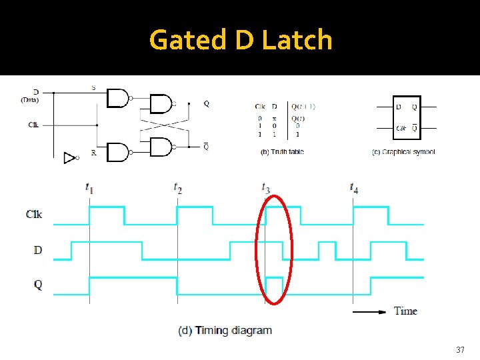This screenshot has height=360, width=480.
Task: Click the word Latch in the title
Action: pos(297,40)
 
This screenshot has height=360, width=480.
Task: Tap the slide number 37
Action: pos(460,349)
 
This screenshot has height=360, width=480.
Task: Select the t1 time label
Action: pos(89,188)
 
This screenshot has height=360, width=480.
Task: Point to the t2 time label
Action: pos(177,188)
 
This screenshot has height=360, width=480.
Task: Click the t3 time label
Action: pos(265,188)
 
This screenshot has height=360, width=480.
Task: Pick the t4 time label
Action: pos(353,188)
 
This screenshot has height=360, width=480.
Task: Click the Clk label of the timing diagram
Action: pos(34,214)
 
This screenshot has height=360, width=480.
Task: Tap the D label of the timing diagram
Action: pos(37,250)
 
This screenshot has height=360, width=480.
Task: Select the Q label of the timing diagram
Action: pos(37,285)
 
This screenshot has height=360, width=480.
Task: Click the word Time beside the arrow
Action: pos(405,311)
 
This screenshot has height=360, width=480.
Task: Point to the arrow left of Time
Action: pos(369,311)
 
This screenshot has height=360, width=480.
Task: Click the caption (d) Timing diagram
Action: pos(225,330)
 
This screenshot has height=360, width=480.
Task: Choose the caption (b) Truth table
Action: pos(282,152)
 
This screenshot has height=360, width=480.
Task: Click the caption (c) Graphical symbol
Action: pos(403,152)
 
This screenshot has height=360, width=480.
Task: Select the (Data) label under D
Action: pos(29,101)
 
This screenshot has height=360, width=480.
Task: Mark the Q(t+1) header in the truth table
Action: pos(303,106)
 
